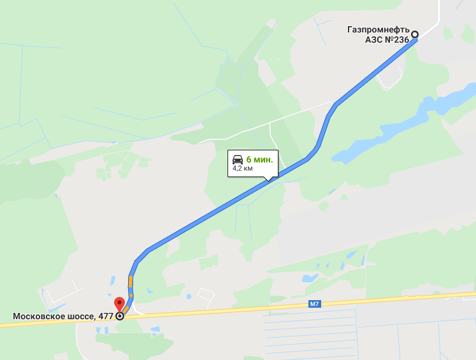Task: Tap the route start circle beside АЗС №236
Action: tap(415, 34)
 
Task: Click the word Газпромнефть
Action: tap(377, 29)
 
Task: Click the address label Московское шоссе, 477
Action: tap(63, 316)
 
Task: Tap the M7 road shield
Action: tap(314, 304)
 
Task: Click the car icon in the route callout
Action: tap(237, 159)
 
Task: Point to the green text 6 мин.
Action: tap(259, 159)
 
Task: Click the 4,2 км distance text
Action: tap(243, 168)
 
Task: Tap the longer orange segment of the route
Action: tap(130, 282)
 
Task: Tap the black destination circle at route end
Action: tap(120, 315)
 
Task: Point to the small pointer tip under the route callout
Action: tap(268, 180)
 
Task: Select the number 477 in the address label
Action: tap(106, 316)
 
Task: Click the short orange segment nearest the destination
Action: tap(126, 309)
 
